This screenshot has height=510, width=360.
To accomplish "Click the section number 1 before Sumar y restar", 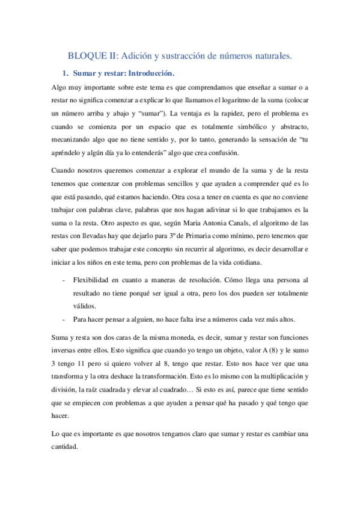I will pyautogui.click(x=65, y=74).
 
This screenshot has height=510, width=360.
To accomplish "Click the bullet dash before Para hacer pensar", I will pyautogui.click(x=64, y=319).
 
